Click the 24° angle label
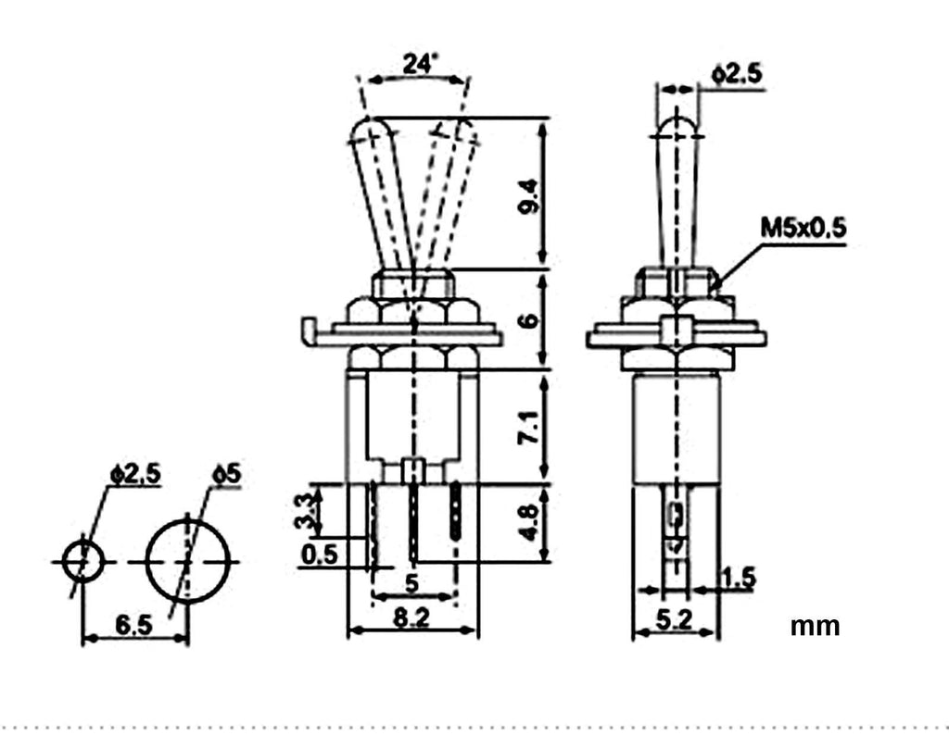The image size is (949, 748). click(421, 63)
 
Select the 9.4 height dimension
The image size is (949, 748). click(528, 195)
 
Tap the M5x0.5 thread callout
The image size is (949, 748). click(803, 228)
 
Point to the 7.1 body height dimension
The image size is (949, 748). click(528, 427)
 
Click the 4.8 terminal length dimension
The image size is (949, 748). click(528, 522)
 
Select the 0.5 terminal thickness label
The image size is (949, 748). click(319, 554)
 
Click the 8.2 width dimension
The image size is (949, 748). click(411, 617)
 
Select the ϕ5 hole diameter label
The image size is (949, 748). click(226, 474)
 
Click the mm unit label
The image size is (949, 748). click(815, 627)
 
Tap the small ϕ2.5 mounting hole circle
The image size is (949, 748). click(82, 541)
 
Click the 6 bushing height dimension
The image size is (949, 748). click(528, 319)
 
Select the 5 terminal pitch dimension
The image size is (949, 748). click(411, 583)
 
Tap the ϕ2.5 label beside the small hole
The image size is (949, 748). click(135, 474)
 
